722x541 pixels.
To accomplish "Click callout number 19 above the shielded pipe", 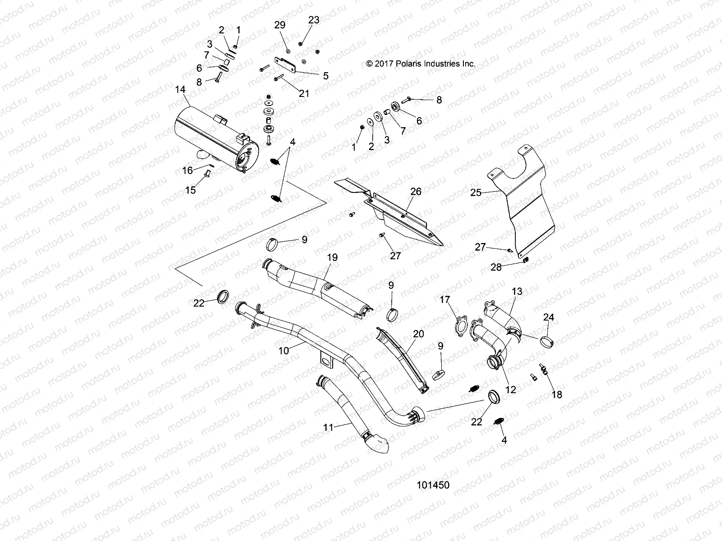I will tap(332, 258).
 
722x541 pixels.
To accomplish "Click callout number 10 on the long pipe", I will tap(284, 350).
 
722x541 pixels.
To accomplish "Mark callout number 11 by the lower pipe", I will tap(328, 427).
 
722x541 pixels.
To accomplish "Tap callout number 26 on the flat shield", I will tap(416, 192).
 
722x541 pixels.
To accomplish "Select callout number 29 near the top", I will tap(280, 25).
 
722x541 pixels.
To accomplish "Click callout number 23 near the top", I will tap(313, 20).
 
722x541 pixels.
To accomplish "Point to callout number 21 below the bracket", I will tap(304, 93).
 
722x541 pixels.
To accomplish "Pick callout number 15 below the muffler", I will tap(190, 190).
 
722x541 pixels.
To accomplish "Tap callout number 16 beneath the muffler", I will tap(187, 170).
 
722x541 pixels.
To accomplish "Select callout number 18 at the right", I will tap(557, 394).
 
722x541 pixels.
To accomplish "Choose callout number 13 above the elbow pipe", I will tap(517, 292).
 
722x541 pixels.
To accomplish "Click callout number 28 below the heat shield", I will tap(496, 268).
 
